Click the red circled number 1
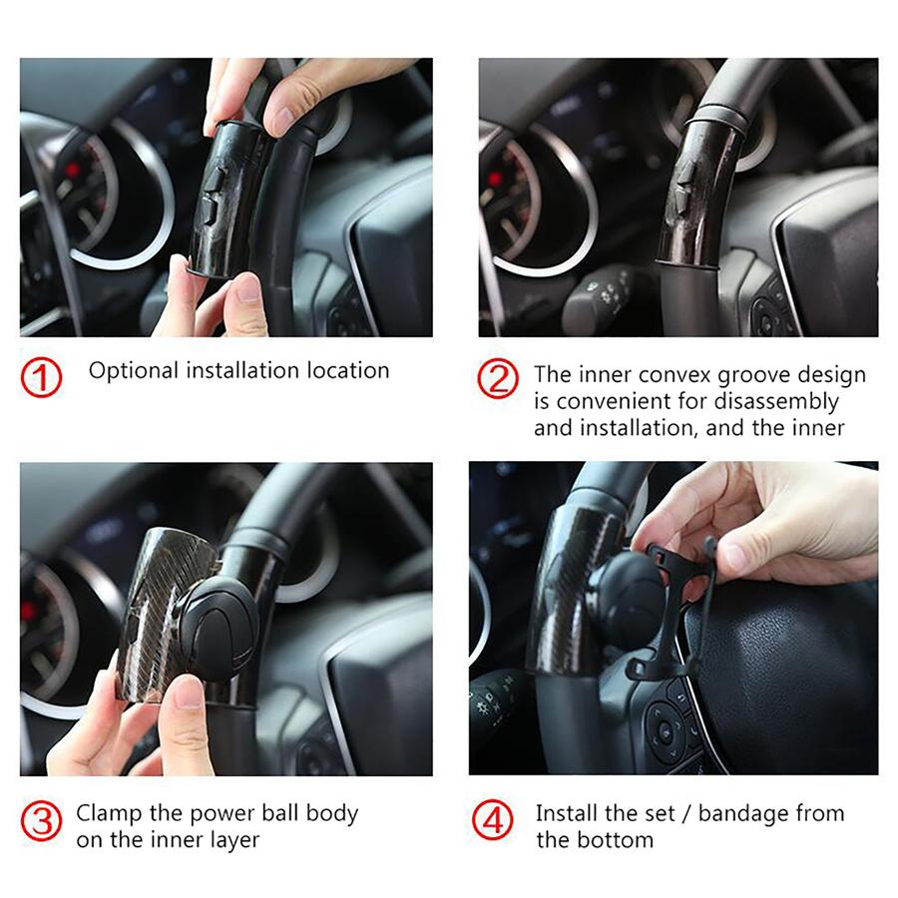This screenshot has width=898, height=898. (41, 377)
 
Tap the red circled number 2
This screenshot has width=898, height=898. (498, 378)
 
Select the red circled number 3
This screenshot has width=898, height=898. (41, 822)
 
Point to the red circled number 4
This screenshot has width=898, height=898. (493, 819)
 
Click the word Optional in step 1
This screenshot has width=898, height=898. (134, 371)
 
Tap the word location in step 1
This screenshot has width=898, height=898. (348, 370)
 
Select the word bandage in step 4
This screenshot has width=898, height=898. (739, 814)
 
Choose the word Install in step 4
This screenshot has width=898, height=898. (567, 813)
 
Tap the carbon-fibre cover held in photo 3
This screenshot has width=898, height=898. (165, 612)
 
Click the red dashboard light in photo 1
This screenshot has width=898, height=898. (73, 170)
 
